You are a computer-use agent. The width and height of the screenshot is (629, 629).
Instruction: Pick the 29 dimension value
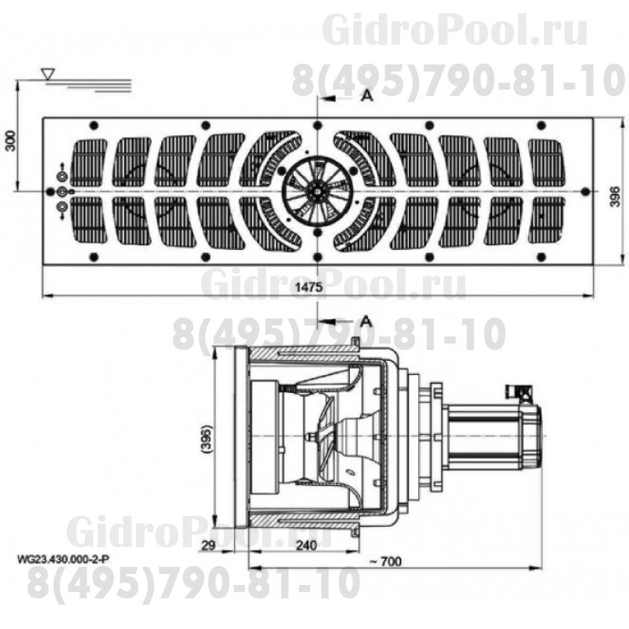(208, 545)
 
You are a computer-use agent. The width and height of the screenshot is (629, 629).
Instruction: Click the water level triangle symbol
(49, 74)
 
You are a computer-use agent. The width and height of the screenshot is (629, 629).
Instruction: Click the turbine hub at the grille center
(316, 190)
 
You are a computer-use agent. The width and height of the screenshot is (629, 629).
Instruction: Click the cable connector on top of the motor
(518, 391)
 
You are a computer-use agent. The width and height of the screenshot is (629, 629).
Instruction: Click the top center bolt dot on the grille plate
(316, 125)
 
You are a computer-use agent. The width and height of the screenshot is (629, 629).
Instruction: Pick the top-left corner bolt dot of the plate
(93, 125)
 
